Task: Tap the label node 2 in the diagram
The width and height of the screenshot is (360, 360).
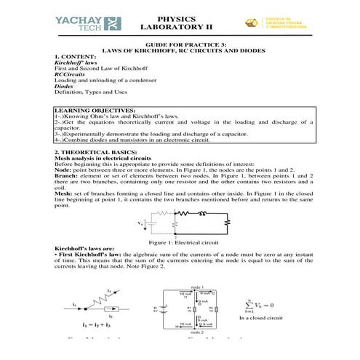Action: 189,332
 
